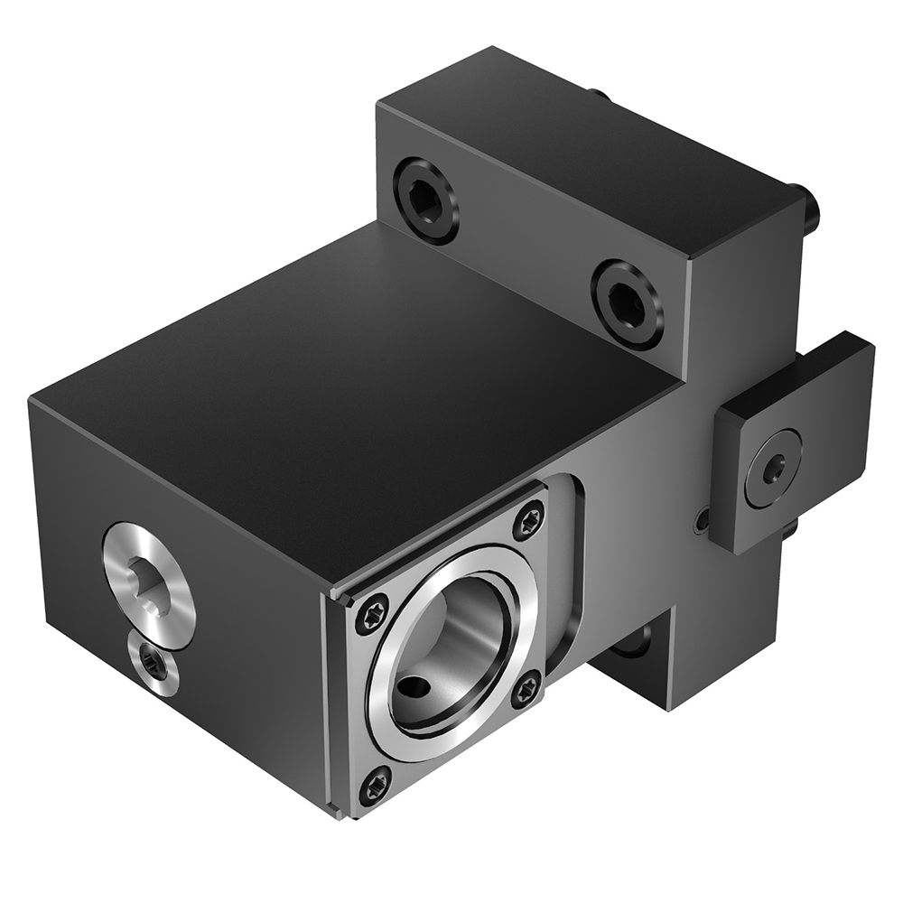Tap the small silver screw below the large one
coord(153,666)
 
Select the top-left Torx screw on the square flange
coord(372,616)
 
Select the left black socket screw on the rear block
coord(425,199)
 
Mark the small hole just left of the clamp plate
coord(702,520)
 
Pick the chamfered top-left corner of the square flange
coord(343,596)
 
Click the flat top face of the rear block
coord(578,135)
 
